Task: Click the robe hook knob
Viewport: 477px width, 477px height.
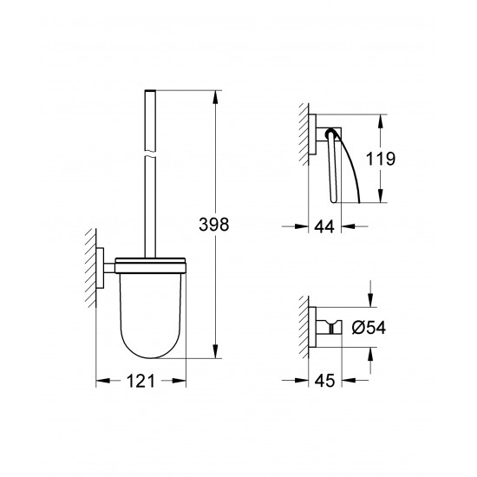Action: coord(333,327)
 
